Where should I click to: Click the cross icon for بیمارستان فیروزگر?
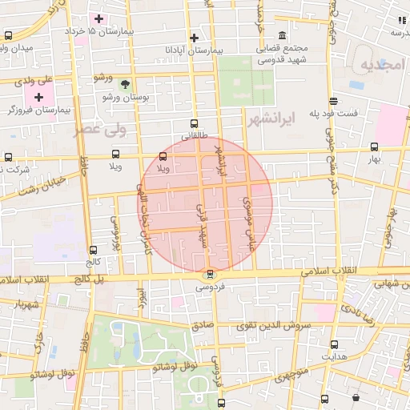[38, 97]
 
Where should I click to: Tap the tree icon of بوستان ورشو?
[124, 83]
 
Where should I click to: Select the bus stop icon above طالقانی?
[194, 123]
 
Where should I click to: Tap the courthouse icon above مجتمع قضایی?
[282, 35]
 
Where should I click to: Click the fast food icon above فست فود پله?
[333, 101]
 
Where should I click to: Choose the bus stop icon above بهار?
[374, 147]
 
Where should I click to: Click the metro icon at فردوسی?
[211, 275]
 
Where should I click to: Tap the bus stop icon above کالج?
[94, 250]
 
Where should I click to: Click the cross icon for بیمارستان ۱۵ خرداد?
[98, 18]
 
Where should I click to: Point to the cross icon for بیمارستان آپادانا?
[194, 37]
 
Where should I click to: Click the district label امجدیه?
[380, 64]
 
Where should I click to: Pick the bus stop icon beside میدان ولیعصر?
[8, 35]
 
